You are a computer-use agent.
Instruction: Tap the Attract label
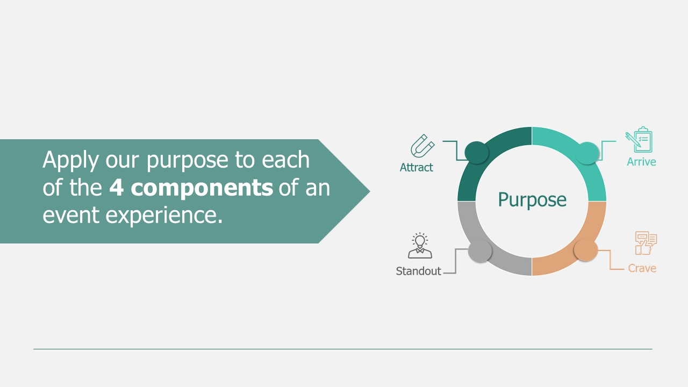[x=416, y=167]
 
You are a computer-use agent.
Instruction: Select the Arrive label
[x=641, y=162]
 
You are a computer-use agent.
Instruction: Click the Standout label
[x=418, y=271]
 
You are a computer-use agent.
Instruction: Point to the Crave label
[x=642, y=268]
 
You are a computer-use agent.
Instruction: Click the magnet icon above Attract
[x=422, y=146]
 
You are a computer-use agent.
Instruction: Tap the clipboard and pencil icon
[x=639, y=139]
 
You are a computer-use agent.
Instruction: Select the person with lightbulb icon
[x=420, y=246]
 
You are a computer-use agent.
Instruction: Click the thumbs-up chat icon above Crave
[x=646, y=243]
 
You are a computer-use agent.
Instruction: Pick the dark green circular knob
[x=476, y=153]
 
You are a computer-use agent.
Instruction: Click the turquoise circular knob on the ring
[x=587, y=153]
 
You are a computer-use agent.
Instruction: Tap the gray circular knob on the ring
[x=480, y=250]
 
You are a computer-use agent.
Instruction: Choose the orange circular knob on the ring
[x=585, y=250]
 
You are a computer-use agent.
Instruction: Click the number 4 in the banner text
[x=117, y=188]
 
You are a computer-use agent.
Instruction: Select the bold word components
[x=202, y=188]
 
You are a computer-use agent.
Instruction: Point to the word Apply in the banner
[x=70, y=160]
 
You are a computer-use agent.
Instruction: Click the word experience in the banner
[x=164, y=216]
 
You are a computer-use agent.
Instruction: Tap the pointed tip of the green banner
[x=370, y=191]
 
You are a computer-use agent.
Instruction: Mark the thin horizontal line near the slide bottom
[x=343, y=349]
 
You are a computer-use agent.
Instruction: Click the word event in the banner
[x=71, y=216]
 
